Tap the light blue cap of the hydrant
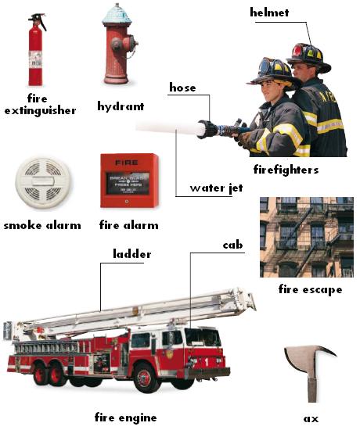pos(117,15)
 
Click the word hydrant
pos(121,106)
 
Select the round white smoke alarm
pos(42,182)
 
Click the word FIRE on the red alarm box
pos(127,163)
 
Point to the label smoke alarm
pos(42,225)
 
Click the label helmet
pos(269,13)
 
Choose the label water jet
pos(216,188)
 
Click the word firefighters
pos(286,170)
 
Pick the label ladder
pos(132,253)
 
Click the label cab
pos(233,245)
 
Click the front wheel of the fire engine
pos(144,378)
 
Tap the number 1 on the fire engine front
pos(207,363)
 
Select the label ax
pos(311,419)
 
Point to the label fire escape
pos(310,289)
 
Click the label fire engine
pos(125,417)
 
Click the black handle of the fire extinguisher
pos(38,20)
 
